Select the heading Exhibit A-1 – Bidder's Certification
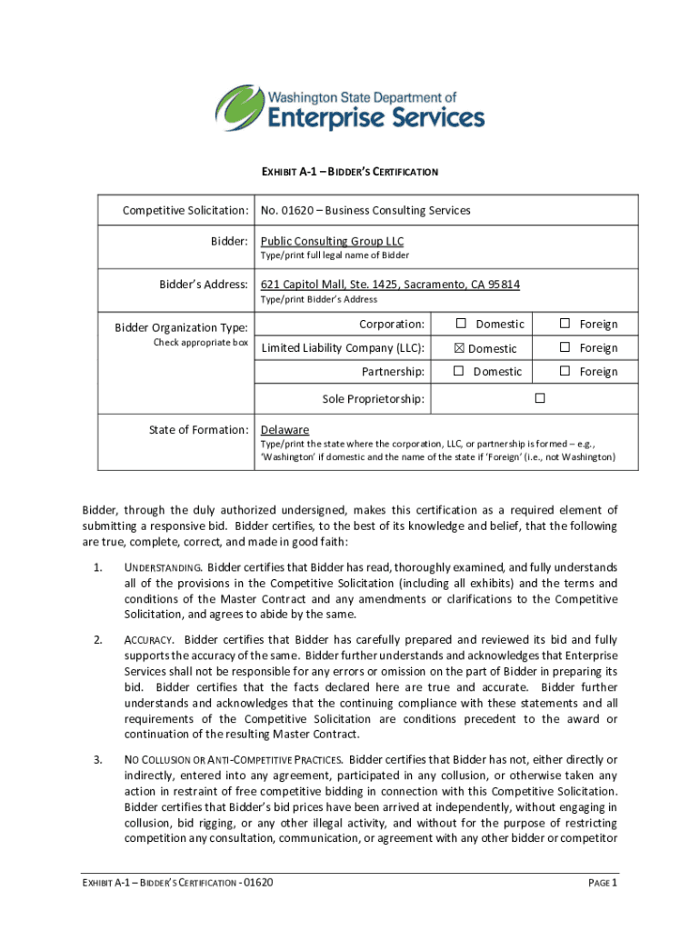tap(350, 171)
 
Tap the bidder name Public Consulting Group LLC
tap(332, 241)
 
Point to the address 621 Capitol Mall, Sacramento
tap(390, 285)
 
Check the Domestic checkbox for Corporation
tap(461, 324)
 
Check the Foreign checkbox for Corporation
tap(565, 324)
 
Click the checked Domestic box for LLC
tap(461, 348)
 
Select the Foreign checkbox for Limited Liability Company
tap(565, 347)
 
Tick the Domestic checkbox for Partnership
tap(459, 371)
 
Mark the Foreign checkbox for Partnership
tap(565, 371)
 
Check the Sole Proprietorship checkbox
tap(539, 398)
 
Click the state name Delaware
tap(285, 429)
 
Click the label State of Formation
tap(198, 429)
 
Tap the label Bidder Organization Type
tap(181, 327)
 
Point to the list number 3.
tap(97, 759)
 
